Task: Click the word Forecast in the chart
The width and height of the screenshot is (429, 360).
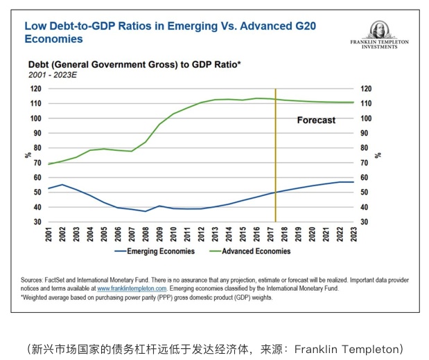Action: tap(316, 120)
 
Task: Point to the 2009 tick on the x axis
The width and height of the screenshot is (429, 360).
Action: tap(160, 234)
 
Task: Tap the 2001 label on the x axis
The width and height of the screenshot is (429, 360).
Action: tap(49, 234)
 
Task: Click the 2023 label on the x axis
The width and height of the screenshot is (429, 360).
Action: tap(353, 234)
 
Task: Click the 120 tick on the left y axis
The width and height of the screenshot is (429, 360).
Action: tap(37, 89)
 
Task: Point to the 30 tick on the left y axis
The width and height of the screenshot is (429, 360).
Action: tap(39, 222)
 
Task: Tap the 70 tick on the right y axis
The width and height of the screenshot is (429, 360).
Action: tap(364, 163)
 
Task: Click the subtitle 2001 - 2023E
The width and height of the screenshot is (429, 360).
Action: tap(53, 73)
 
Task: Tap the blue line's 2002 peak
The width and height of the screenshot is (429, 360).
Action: tap(62, 185)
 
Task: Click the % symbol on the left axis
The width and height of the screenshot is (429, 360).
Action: tap(28, 155)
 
